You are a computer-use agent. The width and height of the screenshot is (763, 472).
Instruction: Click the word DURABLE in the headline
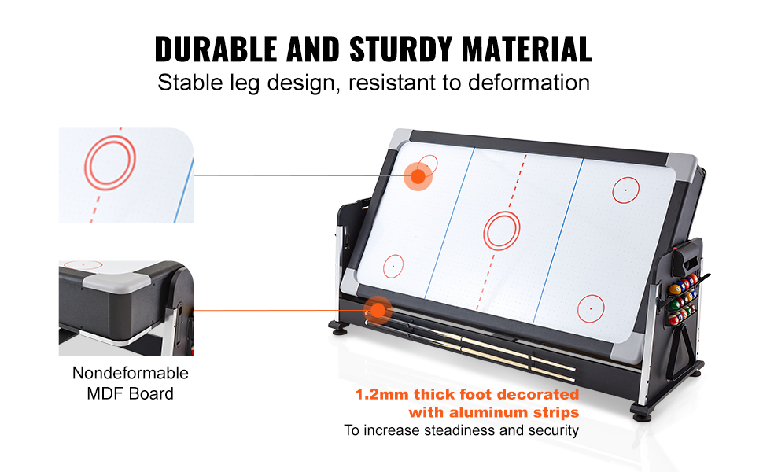pyautogui.click(x=216, y=49)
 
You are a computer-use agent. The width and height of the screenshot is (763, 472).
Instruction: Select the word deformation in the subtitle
pyautogui.click(x=529, y=83)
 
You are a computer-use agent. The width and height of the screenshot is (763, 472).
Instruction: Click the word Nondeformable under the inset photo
pyautogui.click(x=131, y=373)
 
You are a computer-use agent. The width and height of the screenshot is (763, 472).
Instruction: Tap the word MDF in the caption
pyautogui.click(x=102, y=393)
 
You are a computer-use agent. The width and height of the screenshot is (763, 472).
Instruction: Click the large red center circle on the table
pyautogui.click(x=502, y=231)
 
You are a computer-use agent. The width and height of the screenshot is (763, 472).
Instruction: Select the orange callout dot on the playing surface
pyautogui.click(x=418, y=176)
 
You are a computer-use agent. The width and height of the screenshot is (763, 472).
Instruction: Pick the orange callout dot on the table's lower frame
pyautogui.click(x=378, y=310)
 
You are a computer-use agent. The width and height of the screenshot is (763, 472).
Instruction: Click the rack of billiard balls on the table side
pyautogui.click(x=683, y=299)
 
